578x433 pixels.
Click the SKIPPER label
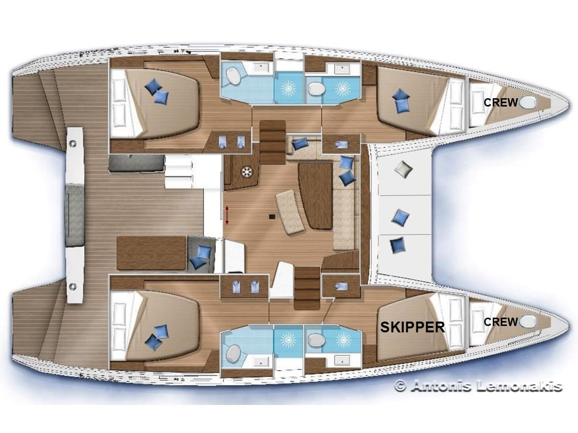[x=413, y=327]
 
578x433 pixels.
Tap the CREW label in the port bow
[x=500, y=102]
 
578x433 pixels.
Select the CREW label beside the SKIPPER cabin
[x=500, y=322]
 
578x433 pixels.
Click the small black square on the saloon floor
[x=271, y=215]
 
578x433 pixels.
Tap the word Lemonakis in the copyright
[x=519, y=386]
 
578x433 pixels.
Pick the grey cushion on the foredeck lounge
[x=403, y=169]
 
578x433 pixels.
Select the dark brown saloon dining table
[x=315, y=195]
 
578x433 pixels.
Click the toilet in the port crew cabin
[x=528, y=102]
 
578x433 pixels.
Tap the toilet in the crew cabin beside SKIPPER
[x=528, y=322]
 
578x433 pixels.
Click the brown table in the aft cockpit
[x=151, y=252]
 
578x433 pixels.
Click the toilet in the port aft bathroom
[x=233, y=77]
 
